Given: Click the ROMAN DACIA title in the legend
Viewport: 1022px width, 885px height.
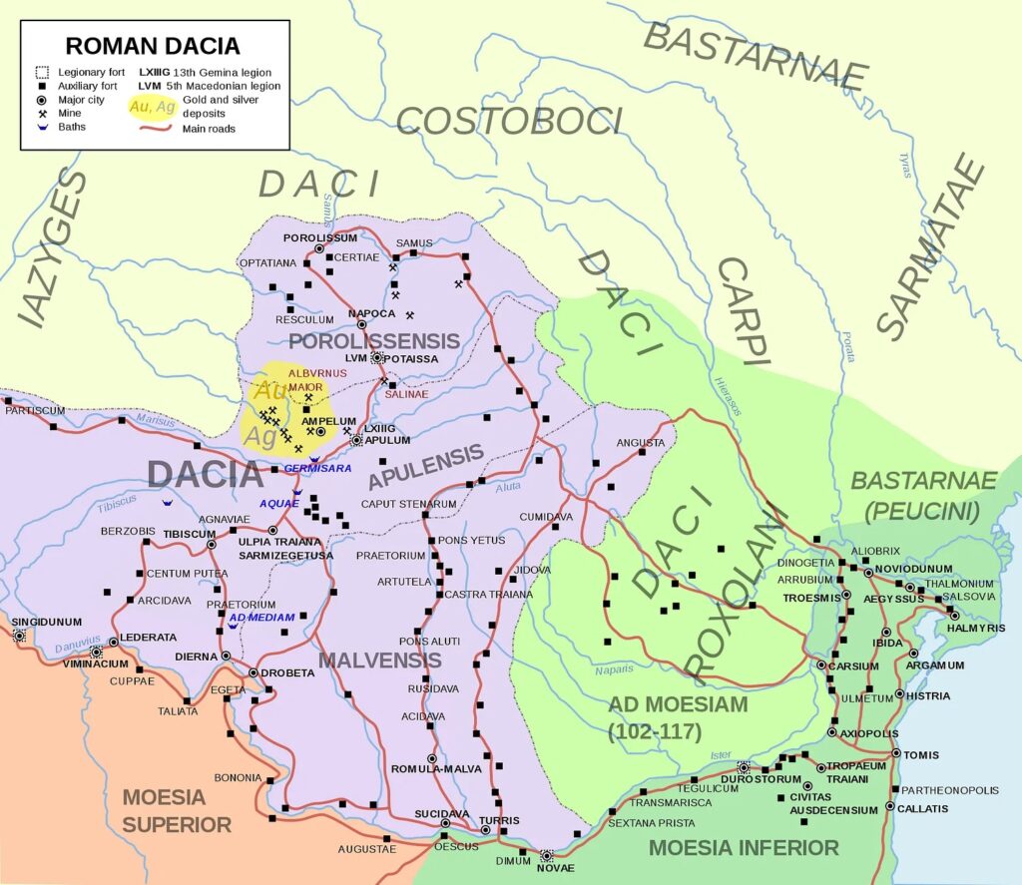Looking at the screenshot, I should [x=153, y=46].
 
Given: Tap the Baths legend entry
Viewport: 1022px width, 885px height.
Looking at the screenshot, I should [x=72, y=128].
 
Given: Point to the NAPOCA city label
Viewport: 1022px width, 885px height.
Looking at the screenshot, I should [x=366, y=313].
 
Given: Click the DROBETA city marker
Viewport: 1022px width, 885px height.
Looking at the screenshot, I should [x=254, y=672].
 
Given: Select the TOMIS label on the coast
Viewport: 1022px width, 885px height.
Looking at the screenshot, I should [x=921, y=754].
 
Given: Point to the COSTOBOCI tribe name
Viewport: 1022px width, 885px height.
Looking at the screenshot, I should [x=509, y=121].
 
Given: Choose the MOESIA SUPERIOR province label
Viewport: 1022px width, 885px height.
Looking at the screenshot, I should [x=177, y=811].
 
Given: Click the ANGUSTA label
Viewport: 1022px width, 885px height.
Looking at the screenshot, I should [x=641, y=442].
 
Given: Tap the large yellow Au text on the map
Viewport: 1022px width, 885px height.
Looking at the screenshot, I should [x=266, y=391].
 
